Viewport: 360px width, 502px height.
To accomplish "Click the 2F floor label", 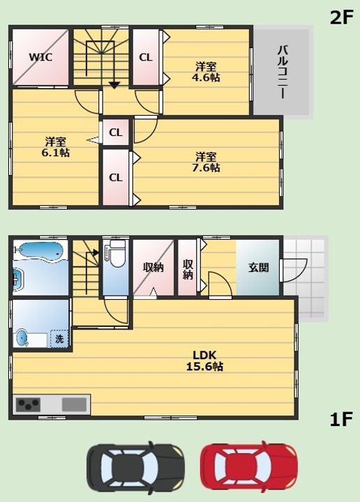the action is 341,17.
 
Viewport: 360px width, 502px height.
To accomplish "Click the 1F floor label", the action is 341,420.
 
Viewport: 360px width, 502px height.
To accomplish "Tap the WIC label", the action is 40,57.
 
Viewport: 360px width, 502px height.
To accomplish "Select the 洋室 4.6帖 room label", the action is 206,72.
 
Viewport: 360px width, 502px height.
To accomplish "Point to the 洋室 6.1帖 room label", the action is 55,146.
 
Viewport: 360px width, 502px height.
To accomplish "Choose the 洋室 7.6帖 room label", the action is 206,162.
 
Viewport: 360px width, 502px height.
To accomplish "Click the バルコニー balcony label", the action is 282,72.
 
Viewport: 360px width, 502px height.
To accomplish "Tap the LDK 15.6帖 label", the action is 204,360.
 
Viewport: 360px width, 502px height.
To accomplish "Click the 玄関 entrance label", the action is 258,267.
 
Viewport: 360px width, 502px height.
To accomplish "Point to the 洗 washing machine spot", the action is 59,339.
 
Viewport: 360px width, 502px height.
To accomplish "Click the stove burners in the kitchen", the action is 28,404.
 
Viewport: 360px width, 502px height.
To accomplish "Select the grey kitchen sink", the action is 75,404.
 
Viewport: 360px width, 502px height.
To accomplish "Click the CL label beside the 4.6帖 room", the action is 145,57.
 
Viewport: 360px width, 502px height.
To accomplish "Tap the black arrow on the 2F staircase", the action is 114,85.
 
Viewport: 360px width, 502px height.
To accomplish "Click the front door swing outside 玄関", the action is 294,271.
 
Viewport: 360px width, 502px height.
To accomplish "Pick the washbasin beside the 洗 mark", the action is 22,338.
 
